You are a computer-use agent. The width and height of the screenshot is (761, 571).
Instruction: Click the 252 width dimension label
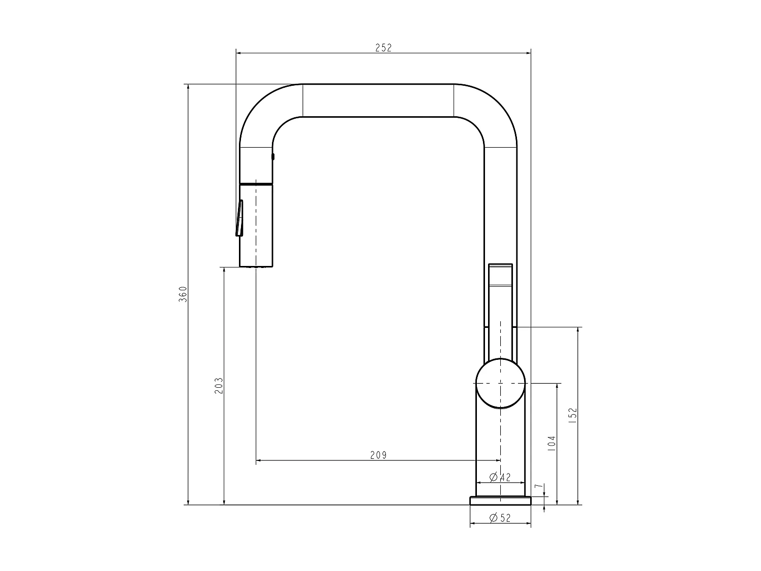(384, 48)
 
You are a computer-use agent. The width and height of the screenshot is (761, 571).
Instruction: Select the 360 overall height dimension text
(183, 294)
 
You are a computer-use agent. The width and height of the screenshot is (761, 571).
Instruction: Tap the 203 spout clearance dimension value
(219, 386)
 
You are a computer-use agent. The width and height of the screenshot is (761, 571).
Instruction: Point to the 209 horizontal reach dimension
(378, 455)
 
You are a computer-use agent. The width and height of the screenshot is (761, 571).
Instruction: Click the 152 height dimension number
(573, 415)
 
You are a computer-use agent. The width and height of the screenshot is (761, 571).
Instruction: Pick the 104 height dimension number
(552, 443)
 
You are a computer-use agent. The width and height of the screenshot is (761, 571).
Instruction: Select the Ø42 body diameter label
(500, 477)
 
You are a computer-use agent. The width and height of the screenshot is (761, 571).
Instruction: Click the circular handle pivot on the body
(500, 383)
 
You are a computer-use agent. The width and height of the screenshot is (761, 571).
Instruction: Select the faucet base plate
(500, 500)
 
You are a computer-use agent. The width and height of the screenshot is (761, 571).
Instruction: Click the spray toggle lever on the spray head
(239, 218)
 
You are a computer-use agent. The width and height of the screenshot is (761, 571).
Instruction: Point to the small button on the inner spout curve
(273, 157)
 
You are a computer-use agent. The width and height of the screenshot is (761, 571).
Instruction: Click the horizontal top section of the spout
(378, 100)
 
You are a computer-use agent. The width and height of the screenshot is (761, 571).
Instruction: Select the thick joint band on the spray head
(256, 182)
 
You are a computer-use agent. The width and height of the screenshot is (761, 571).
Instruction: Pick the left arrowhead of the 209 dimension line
(259, 461)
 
